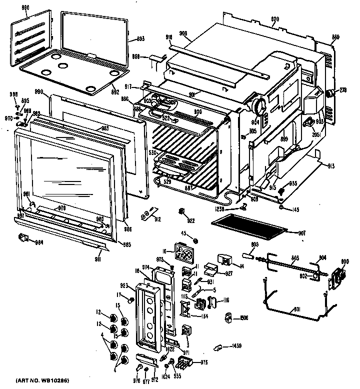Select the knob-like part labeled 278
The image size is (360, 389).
tap(330, 92)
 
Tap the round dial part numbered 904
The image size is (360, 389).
tap(259, 106)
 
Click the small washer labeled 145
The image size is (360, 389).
tap(282, 207)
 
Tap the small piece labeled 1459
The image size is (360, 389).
tap(219, 346)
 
